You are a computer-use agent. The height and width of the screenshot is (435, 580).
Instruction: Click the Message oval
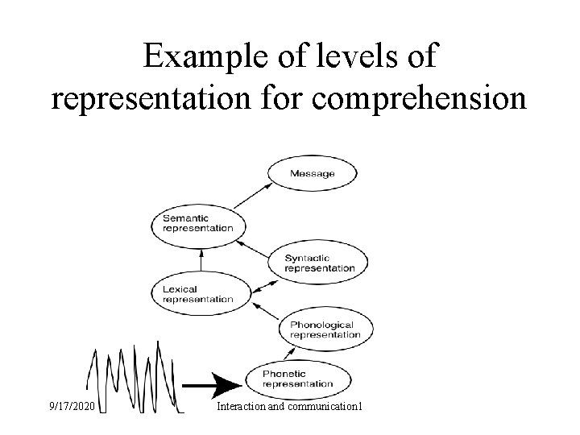[x=312, y=174]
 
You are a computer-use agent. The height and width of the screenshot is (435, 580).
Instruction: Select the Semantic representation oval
[x=198, y=222]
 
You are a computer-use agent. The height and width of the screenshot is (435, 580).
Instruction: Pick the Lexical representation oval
[x=198, y=293]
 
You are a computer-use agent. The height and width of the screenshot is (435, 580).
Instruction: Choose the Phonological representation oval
[x=321, y=329]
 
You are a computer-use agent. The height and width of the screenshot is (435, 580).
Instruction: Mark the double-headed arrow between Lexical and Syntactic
[x=264, y=282]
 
